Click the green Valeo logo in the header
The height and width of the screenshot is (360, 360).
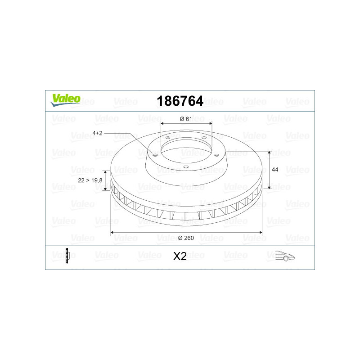pos(65,100)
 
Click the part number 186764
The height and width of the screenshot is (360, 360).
pos(180,101)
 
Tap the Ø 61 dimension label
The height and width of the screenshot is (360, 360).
pos(186,119)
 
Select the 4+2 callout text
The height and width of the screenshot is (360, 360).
pos(97,133)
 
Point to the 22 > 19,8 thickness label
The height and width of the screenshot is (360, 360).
pos(90,180)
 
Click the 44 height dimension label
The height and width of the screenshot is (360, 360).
pos(275,170)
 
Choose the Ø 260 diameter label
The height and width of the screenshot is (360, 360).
pos(186,238)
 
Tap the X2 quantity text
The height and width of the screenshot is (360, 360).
pos(180,256)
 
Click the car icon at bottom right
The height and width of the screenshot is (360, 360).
pos(285,256)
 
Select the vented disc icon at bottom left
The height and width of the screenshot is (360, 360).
pos(67,256)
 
